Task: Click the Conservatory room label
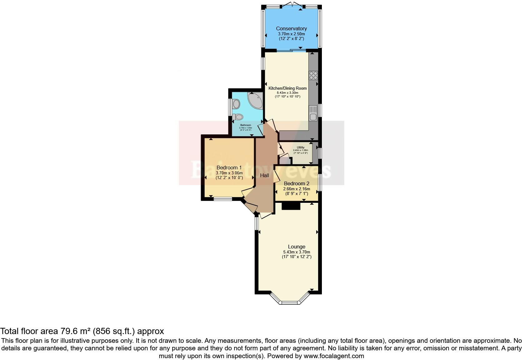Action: pos(291,29)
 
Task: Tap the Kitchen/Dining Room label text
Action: pos(288,88)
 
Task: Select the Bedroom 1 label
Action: pos(229,168)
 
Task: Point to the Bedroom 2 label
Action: pos(297,184)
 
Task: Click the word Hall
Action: pos(264,176)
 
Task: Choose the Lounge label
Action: pos(296,247)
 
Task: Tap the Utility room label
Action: pos(301,147)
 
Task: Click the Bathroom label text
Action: pos(245,125)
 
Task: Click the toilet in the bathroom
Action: pos(238,117)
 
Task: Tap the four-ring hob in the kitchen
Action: pos(313,75)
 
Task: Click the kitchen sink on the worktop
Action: pos(313,114)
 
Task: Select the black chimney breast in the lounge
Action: pos(291,206)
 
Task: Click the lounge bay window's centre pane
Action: pos(290,302)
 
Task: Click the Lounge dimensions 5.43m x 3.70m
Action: pos(296,252)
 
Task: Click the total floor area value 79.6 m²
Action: pos(74,331)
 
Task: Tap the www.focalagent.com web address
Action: pos(333,356)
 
